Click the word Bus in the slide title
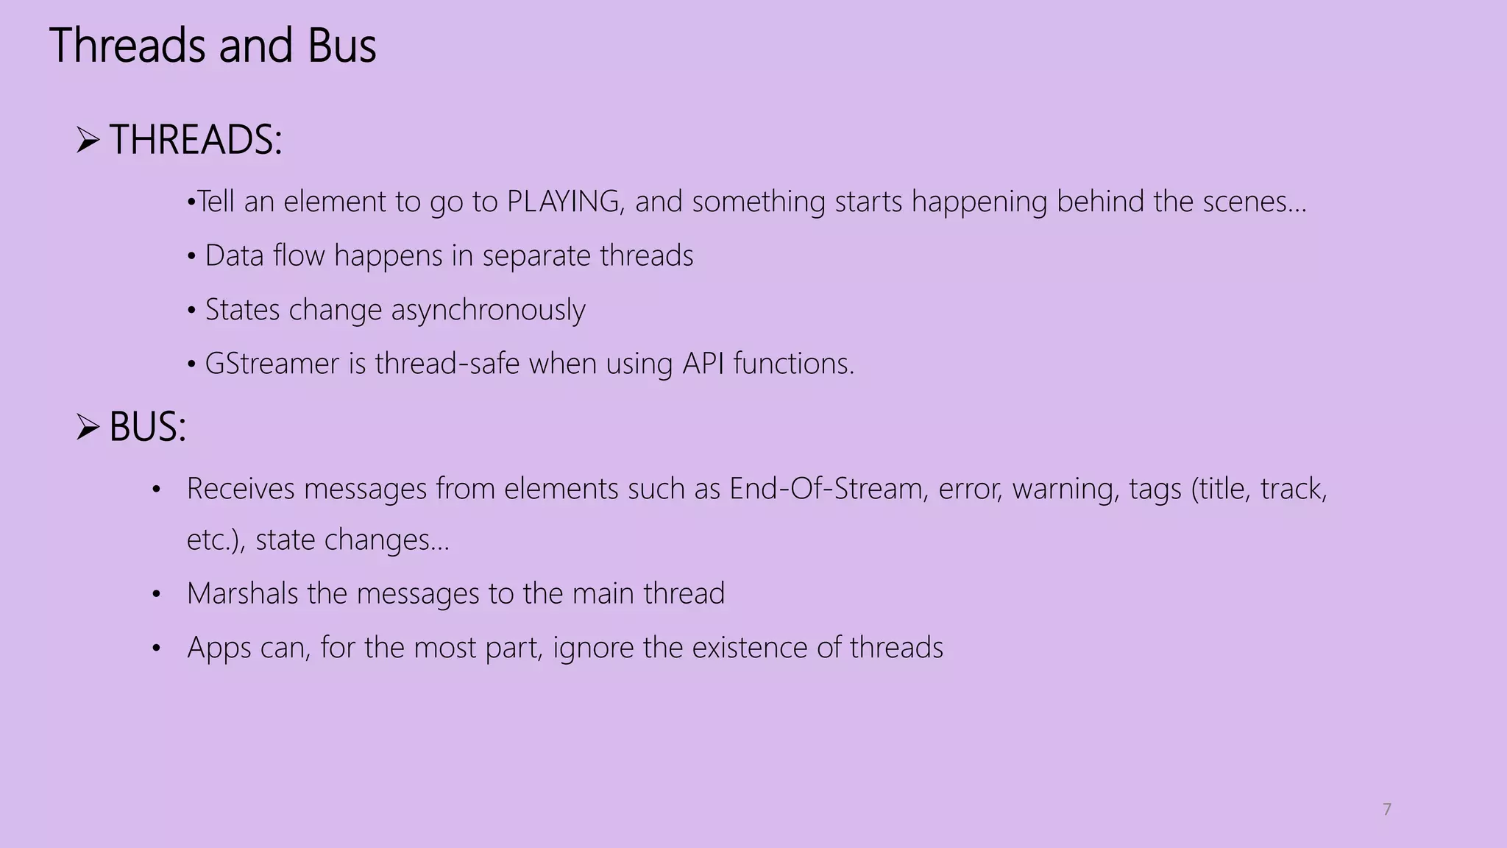[341, 46]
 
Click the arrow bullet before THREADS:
[88, 140]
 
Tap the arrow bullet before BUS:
[88, 427]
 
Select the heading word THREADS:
[196, 140]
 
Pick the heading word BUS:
[148, 427]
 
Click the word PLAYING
[564, 202]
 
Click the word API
[703, 364]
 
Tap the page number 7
[1387, 809]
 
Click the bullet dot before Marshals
[156, 594]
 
